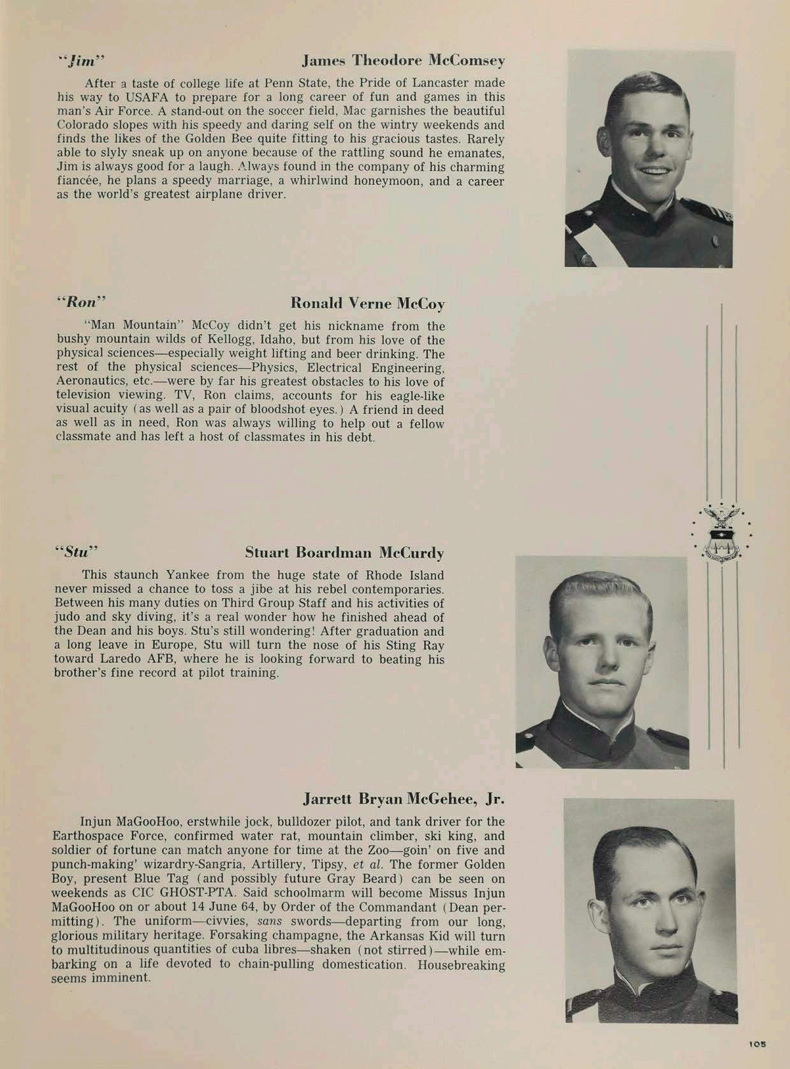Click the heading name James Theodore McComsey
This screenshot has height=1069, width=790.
[x=403, y=61]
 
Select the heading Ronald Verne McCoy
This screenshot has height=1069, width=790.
[x=367, y=303]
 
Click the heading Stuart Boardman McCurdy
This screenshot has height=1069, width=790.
[x=344, y=552]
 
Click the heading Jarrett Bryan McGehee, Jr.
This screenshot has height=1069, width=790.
[x=404, y=799]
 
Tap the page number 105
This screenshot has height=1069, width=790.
[x=757, y=1044]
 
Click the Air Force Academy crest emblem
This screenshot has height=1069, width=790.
[x=722, y=532]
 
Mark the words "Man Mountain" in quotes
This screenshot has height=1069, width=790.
[x=131, y=326]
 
